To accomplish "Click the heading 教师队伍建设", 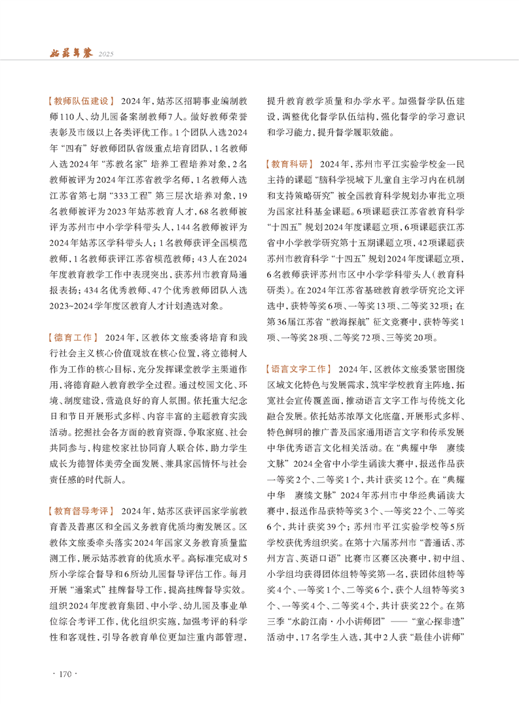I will click(x=82, y=101).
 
